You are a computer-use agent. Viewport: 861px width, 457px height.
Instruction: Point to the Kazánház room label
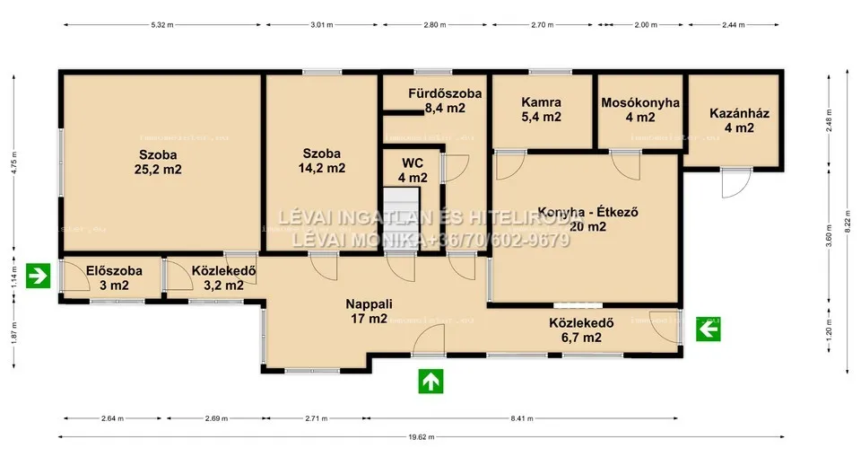click(739, 120)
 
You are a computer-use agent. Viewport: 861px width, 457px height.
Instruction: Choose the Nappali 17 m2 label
click(367, 311)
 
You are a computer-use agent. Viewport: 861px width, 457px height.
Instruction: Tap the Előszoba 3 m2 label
click(109, 278)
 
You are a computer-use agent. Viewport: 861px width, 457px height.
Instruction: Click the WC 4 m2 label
click(413, 170)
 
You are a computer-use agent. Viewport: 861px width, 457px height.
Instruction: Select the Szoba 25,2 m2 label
click(158, 161)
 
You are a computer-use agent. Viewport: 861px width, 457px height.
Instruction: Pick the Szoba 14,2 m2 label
click(322, 160)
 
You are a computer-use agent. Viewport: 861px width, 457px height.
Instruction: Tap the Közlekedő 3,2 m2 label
click(218, 278)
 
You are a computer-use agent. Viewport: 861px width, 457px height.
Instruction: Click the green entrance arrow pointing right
click(38, 276)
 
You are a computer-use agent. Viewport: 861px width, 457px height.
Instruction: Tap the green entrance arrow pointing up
click(431, 382)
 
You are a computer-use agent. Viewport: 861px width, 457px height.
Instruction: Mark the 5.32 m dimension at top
click(162, 25)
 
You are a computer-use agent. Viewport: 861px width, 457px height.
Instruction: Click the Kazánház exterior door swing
click(734, 184)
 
